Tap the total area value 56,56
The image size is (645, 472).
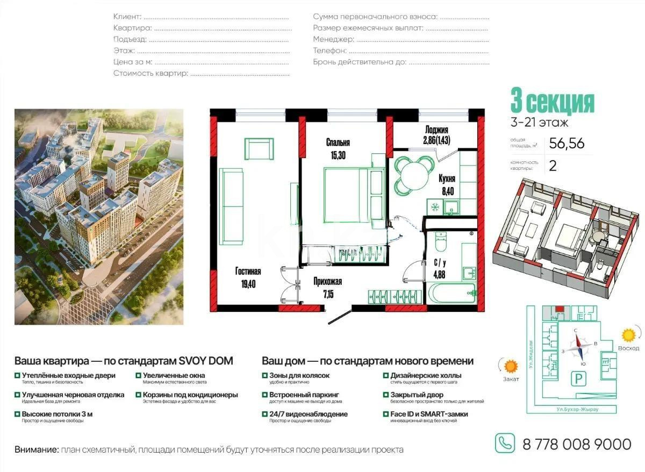click(x=567, y=143)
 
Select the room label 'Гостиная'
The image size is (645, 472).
click(x=248, y=271)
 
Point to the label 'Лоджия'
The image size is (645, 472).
click(x=436, y=130)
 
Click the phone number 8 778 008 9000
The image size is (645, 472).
click(x=577, y=444)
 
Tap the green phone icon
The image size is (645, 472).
click(x=504, y=444)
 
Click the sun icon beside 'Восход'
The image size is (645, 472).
click(x=627, y=335)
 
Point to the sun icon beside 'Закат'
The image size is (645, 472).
click(x=510, y=367)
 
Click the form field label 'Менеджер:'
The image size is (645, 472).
click(x=333, y=39)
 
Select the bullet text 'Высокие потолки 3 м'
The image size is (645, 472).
click(x=57, y=414)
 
